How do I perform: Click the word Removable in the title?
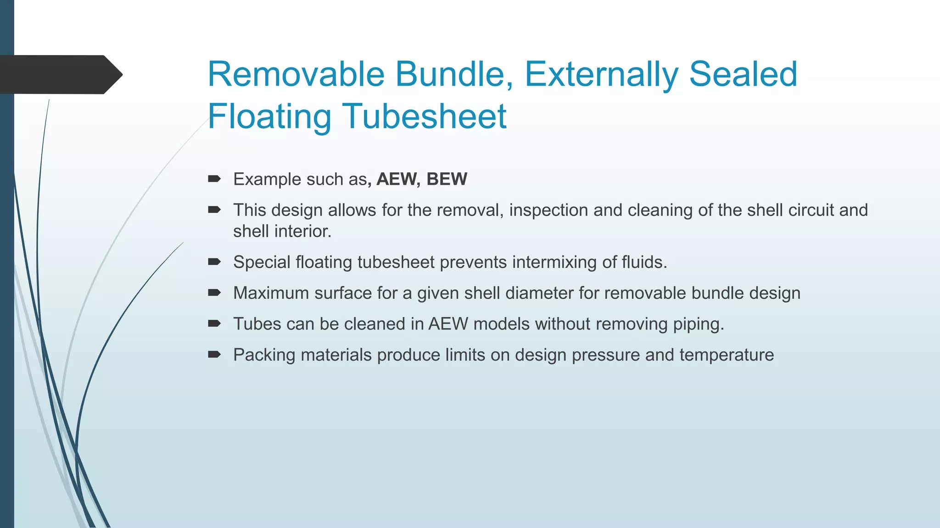(x=296, y=74)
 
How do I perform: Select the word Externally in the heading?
(x=600, y=74)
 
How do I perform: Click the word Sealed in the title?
(x=743, y=74)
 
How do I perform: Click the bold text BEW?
(x=447, y=179)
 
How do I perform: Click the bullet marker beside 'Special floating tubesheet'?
(x=214, y=262)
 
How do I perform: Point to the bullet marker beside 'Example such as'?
(x=214, y=179)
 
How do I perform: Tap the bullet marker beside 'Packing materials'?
(x=214, y=354)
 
